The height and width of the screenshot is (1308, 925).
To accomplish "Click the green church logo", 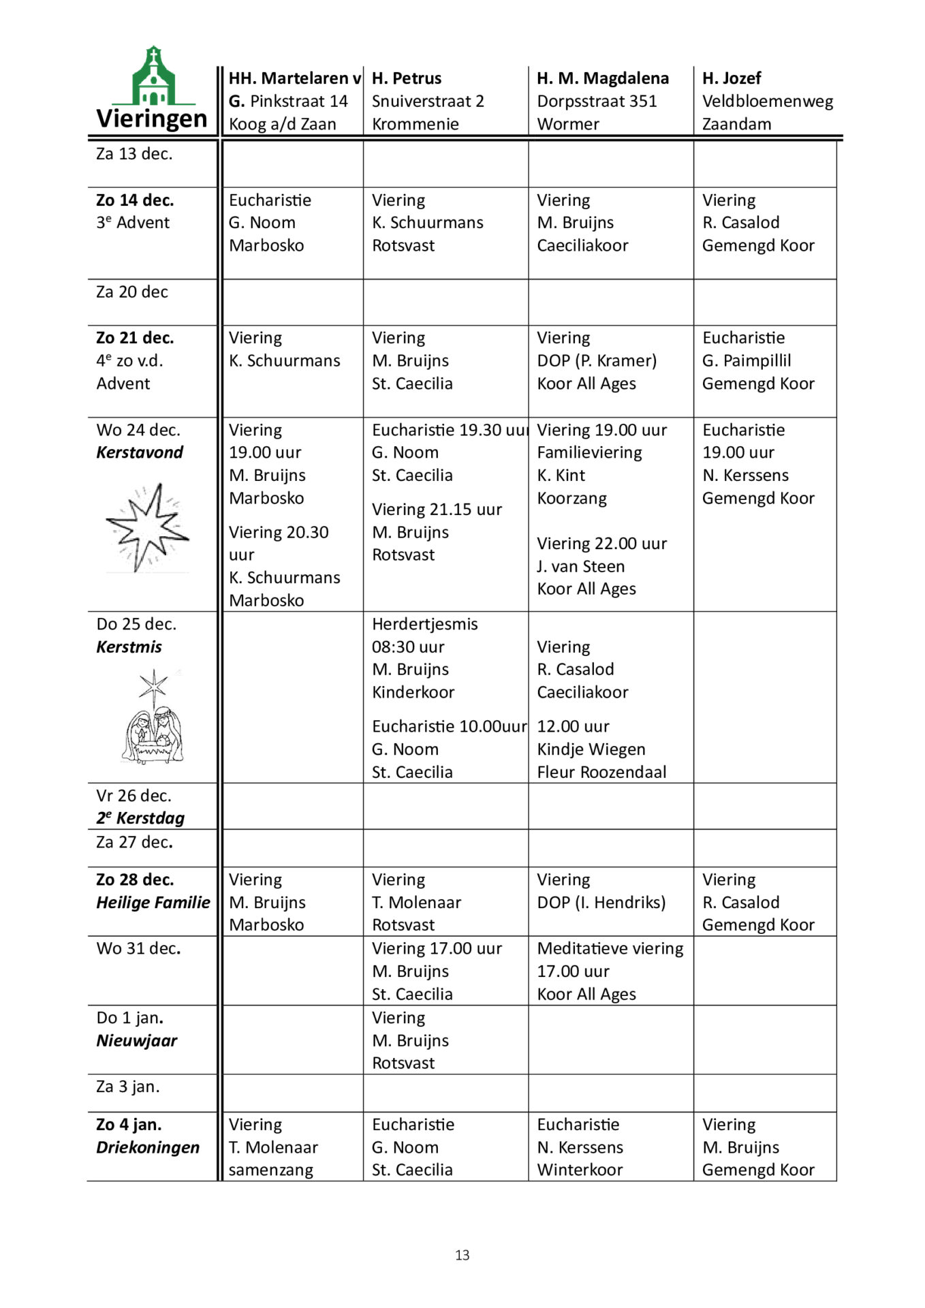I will (153, 76).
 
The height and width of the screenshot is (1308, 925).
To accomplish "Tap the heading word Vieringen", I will (151, 119).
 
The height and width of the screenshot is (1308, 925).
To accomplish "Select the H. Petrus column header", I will (407, 78).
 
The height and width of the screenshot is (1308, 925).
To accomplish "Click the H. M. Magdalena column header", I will (602, 78).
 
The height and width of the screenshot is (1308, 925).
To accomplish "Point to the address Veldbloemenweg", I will (767, 102).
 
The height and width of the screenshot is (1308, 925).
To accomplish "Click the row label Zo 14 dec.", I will (135, 200).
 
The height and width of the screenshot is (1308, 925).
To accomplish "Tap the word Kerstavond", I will (140, 452).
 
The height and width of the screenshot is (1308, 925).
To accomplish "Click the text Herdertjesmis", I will (424, 624).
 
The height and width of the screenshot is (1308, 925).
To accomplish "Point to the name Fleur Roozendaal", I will (601, 772).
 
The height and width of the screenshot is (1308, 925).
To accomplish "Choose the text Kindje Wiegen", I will (591, 749).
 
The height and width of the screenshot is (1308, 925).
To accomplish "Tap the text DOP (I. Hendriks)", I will (601, 902).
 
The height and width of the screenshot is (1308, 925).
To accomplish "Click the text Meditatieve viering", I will (610, 948).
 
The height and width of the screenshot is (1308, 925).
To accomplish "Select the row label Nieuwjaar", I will (136, 1040).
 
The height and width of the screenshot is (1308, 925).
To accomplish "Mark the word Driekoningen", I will (148, 1147).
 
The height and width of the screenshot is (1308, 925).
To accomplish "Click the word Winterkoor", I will (580, 1170).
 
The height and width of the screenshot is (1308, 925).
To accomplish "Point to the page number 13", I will (462, 1255).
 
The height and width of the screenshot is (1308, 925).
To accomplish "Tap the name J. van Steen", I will (580, 566).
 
